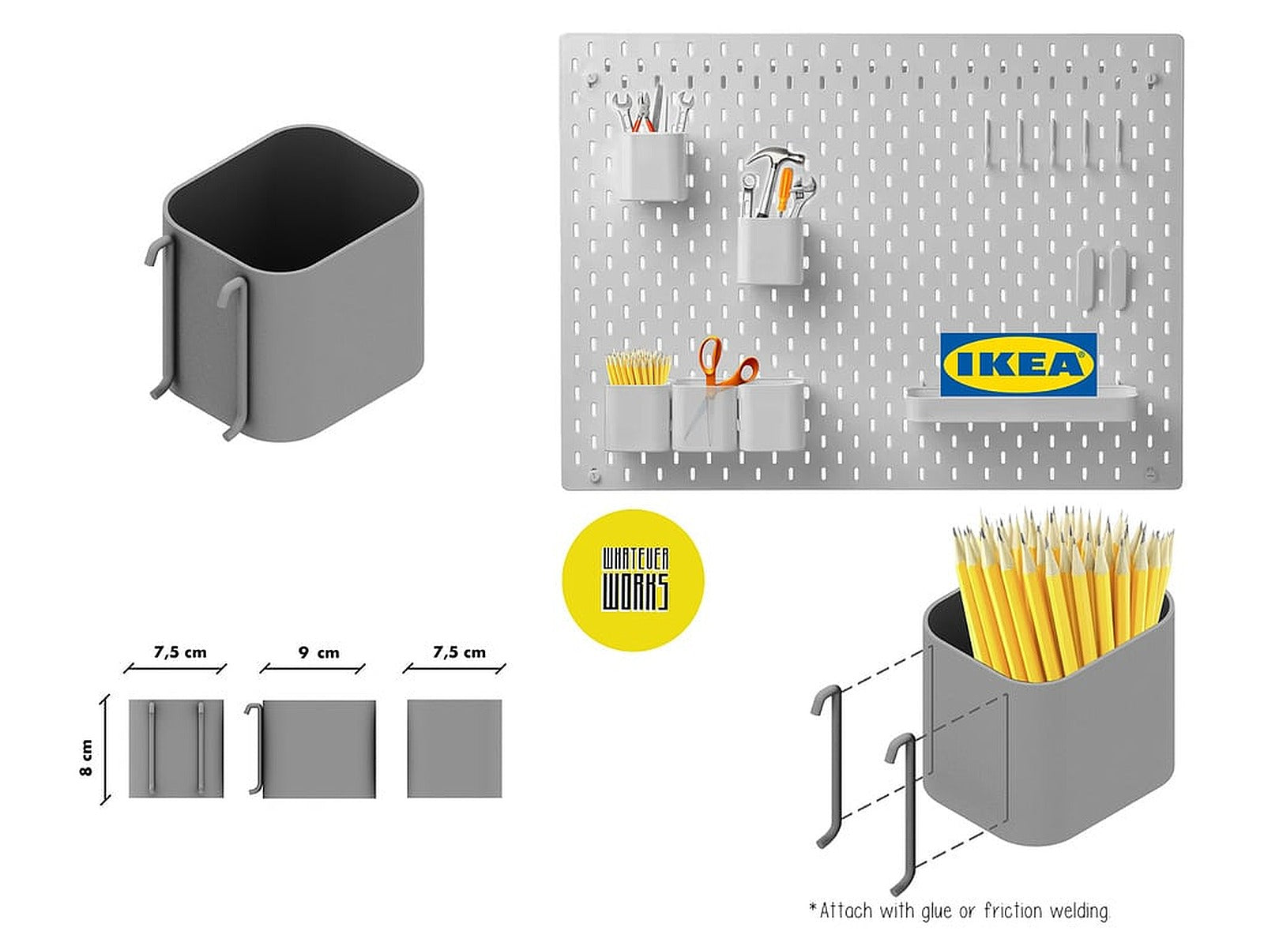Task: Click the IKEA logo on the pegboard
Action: pyautogui.click(x=1018, y=364)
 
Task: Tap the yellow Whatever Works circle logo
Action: pyautogui.click(x=634, y=580)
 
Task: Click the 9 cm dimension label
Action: pyautogui.click(x=318, y=652)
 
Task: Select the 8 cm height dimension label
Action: pyautogui.click(x=86, y=757)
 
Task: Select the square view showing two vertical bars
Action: pyautogui.click(x=176, y=748)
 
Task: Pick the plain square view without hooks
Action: pyautogui.click(x=454, y=748)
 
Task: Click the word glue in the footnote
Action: pyautogui.click(x=936, y=911)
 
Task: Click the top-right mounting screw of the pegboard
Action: pyautogui.click(x=1150, y=78)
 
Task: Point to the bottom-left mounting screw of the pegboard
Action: pyautogui.click(x=594, y=475)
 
